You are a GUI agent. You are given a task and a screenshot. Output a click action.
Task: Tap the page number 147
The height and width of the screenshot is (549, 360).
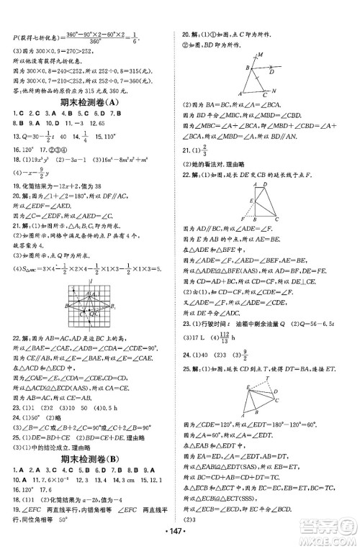click(x=179, y=542)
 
